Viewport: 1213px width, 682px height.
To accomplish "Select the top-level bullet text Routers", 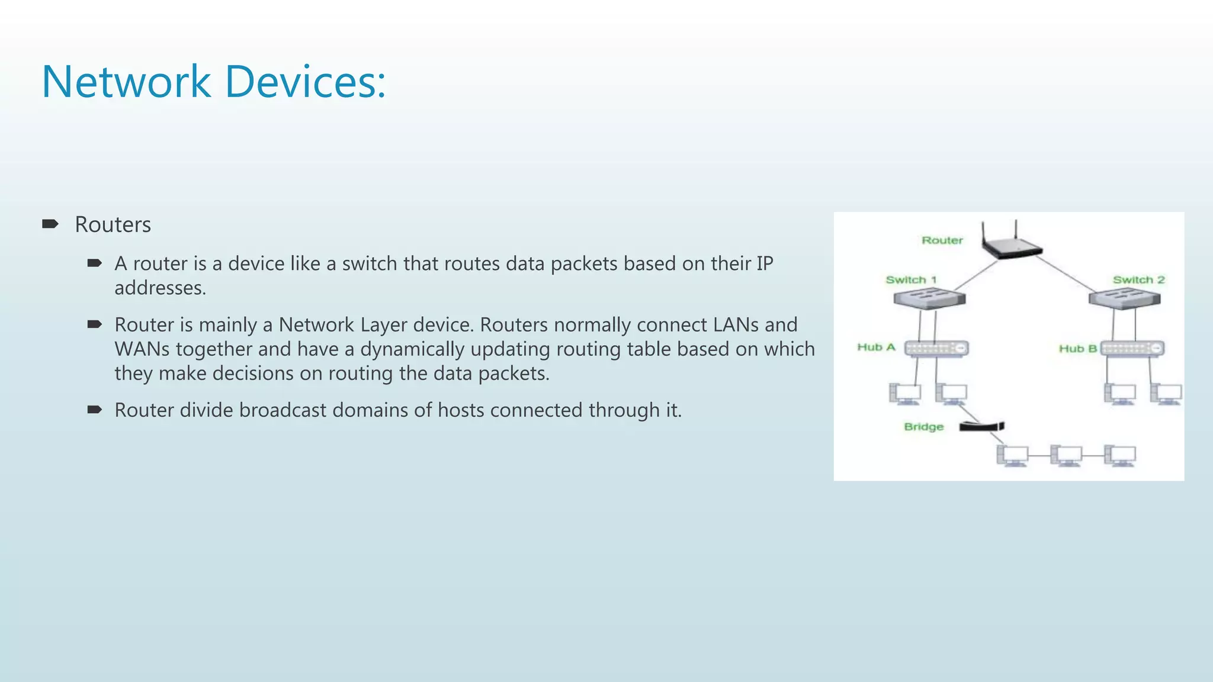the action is click(113, 225).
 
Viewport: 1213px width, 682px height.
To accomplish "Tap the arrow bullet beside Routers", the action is click(50, 224).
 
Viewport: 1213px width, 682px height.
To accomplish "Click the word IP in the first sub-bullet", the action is click(765, 263).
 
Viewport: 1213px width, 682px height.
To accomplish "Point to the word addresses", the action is click(160, 288).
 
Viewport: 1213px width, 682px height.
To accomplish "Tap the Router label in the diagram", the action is click(942, 240).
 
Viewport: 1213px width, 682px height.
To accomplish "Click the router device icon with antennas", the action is click(1010, 244).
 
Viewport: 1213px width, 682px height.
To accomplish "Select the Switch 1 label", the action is click(911, 280).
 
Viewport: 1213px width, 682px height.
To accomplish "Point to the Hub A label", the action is click(876, 348).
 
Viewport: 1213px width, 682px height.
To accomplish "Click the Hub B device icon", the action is click(1132, 349).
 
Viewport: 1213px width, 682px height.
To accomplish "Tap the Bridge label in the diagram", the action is click(923, 427).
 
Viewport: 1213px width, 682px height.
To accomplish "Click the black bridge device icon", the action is click(981, 426).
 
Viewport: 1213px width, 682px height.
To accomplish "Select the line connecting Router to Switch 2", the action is click(1066, 272).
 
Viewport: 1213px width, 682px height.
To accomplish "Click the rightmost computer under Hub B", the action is click(1166, 394).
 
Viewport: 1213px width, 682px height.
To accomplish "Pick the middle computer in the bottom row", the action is click(1066, 455).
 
